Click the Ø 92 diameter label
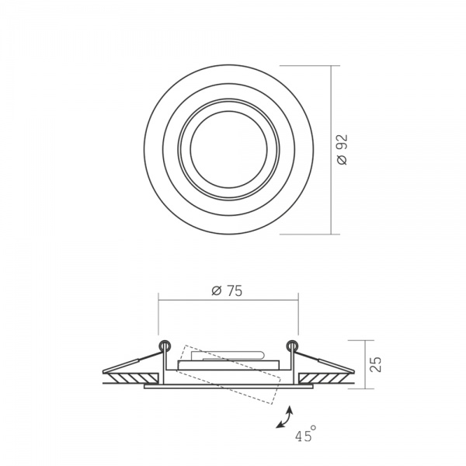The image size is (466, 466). click(342, 149)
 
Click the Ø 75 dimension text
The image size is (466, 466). click(227, 290)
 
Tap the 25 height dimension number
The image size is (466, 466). click(376, 364)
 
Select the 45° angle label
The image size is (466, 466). click(305, 433)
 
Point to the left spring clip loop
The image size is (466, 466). click(165, 346)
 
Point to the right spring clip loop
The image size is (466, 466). click(292, 346)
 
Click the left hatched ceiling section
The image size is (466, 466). click(133, 377)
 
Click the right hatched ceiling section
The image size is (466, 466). click(324, 377)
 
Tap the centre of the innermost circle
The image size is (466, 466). click(228, 149)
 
